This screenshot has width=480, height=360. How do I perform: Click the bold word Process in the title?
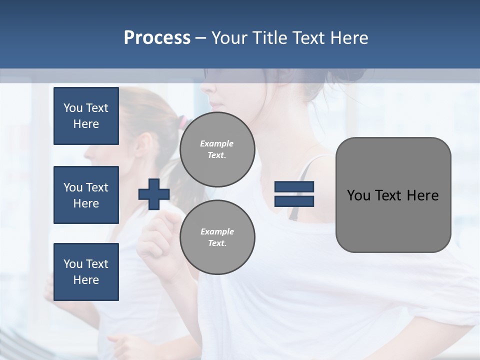[x=157, y=38]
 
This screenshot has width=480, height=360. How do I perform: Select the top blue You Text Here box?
[x=86, y=116]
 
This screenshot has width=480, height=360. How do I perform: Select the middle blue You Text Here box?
[x=86, y=195]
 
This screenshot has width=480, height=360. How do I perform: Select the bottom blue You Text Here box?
[x=86, y=272]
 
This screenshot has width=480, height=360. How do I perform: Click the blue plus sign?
[x=154, y=195]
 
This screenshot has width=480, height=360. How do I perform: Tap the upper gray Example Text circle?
[x=217, y=149]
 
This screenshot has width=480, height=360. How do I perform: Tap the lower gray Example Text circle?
[x=217, y=237]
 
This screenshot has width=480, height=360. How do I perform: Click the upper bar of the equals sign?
[x=294, y=187]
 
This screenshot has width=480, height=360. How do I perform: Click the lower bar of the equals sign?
[x=294, y=201]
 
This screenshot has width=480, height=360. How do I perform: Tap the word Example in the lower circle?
[x=217, y=231]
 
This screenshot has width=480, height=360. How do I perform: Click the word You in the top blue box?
[x=73, y=108]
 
